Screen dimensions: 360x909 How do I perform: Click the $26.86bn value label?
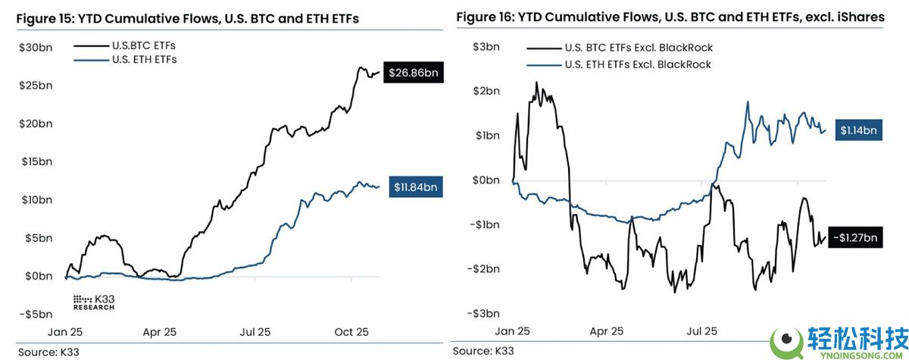pos(414,73)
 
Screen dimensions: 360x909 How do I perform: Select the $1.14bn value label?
pos(858,130)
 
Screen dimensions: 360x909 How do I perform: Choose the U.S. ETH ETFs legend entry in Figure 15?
pos(144,59)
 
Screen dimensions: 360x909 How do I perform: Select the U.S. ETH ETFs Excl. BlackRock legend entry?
pos(639,64)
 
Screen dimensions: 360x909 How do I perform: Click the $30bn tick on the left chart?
pos(36,47)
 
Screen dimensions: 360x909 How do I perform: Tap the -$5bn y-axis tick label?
pos(36,314)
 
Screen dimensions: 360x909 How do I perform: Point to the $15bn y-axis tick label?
pos(36,161)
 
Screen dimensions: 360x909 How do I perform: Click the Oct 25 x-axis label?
pos(351,332)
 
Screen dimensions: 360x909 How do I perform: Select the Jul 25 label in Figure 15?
pos(255,332)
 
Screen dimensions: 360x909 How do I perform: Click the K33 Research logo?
pos(93,302)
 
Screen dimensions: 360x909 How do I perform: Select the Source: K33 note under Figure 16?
pos(481,352)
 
